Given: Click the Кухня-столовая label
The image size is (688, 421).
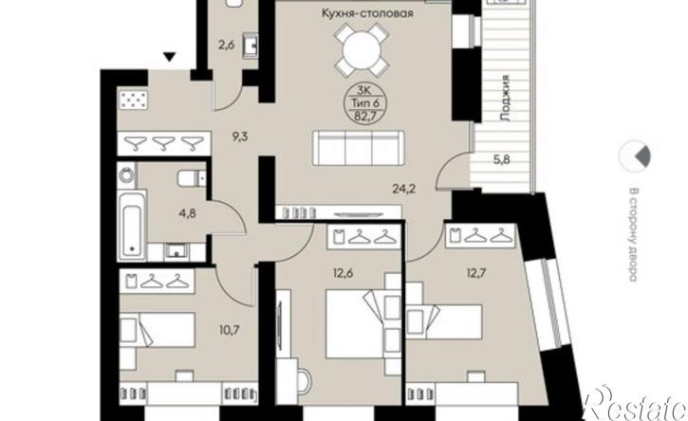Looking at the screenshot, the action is [x=367, y=13].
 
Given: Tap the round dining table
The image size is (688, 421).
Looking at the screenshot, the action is [x=362, y=49].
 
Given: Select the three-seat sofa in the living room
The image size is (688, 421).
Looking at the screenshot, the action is [x=359, y=148].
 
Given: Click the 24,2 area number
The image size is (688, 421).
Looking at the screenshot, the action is [x=403, y=189].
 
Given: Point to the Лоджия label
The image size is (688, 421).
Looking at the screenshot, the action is [x=505, y=98].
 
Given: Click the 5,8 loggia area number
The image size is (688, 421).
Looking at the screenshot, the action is [x=501, y=159].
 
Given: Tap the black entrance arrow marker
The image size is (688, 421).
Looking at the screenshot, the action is [x=170, y=57].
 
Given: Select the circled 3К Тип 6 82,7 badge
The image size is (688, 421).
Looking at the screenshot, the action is [x=363, y=103].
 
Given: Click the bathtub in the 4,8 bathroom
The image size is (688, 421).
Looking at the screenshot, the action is [x=132, y=226].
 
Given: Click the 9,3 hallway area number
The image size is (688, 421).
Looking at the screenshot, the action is [x=240, y=137].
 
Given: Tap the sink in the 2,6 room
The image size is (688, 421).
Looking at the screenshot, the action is [x=251, y=46].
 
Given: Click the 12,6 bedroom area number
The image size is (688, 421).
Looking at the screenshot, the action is [x=343, y=274].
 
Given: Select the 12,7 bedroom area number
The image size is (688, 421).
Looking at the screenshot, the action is [x=475, y=274].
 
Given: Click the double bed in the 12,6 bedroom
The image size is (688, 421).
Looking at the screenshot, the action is [x=356, y=324].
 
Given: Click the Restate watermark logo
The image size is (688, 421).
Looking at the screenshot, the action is [x=636, y=404].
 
